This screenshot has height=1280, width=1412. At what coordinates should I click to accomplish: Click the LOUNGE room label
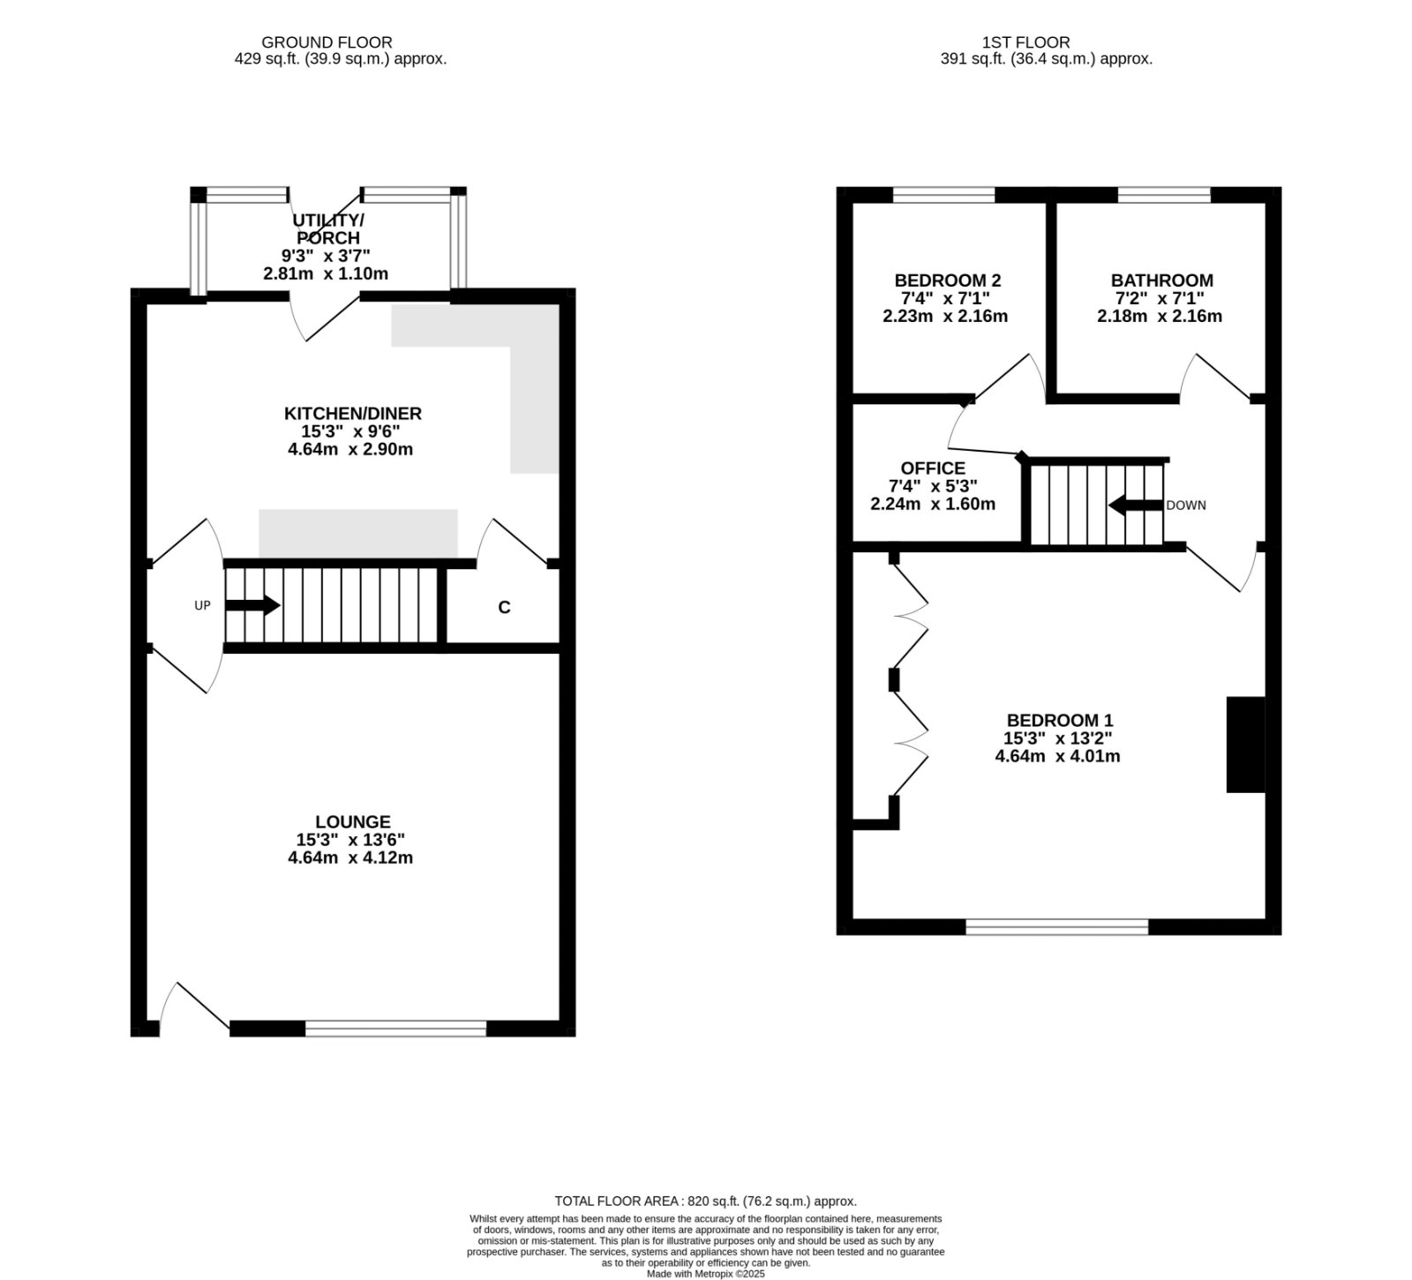tap(353, 822)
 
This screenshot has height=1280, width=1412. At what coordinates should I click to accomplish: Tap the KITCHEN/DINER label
tap(353, 414)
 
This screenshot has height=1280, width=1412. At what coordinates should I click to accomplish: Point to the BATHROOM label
tap(1162, 281)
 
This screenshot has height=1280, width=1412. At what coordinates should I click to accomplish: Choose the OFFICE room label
tap(933, 468)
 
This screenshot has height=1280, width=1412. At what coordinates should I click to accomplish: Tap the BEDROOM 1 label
tap(1058, 721)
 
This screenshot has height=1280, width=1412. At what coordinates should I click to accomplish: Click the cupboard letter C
tap(504, 608)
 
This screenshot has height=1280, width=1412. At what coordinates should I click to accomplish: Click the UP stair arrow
tap(253, 606)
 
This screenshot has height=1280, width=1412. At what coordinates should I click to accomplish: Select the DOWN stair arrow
tap(1136, 505)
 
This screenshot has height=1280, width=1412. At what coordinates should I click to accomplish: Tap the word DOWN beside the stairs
tap(1186, 505)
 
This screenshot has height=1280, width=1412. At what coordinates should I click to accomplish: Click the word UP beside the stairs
tap(203, 606)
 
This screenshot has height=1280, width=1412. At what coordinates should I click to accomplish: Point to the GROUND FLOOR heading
tap(327, 42)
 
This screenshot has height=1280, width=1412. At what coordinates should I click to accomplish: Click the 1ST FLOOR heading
tap(1025, 42)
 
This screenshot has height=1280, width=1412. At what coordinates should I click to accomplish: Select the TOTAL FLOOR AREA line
tap(705, 1201)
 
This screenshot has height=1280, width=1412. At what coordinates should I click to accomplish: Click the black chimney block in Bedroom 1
tap(1245, 745)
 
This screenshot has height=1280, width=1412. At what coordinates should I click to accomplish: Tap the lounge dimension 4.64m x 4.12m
tap(350, 857)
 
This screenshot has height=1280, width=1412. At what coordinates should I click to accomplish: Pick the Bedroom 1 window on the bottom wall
tap(1057, 927)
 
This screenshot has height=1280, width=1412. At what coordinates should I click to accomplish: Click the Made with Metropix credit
tap(706, 1273)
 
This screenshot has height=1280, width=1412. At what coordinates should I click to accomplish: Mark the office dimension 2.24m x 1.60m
tap(933, 505)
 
